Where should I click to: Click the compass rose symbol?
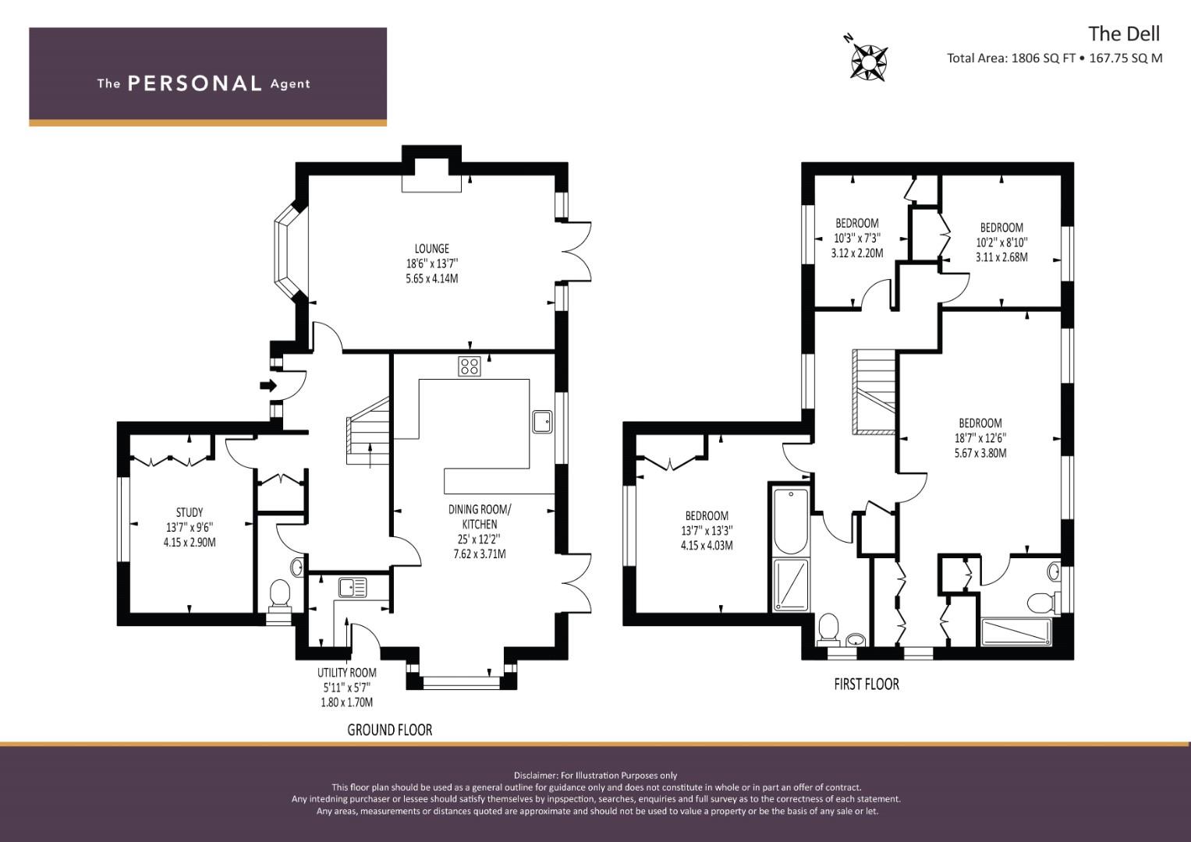(x=870, y=62)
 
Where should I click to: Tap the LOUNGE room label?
(x=432, y=249)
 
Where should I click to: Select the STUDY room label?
(x=190, y=512)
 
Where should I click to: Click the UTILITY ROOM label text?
(x=346, y=672)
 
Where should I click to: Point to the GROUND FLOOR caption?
(x=390, y=730)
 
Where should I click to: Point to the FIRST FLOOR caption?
(x=867, y=685)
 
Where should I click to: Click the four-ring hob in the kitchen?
(x=469, y=366)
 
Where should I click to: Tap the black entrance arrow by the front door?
(x=268, y=385)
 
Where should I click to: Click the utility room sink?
(x=353, y=587)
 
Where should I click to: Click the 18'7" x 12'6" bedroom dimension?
(x=980, y=438)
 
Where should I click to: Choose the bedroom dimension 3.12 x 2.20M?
(x=857, y=253)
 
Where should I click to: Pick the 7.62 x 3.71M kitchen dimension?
(x=480, y=554)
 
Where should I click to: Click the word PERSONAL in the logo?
(x=195, y=83)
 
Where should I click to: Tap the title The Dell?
(x=1124, y=34)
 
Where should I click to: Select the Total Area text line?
(x=1055, y=58)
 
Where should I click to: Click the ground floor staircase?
(x=368, y=432)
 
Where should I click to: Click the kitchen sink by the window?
(x=543, y=422)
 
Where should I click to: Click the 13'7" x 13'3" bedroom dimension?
(x=707, y=530)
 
